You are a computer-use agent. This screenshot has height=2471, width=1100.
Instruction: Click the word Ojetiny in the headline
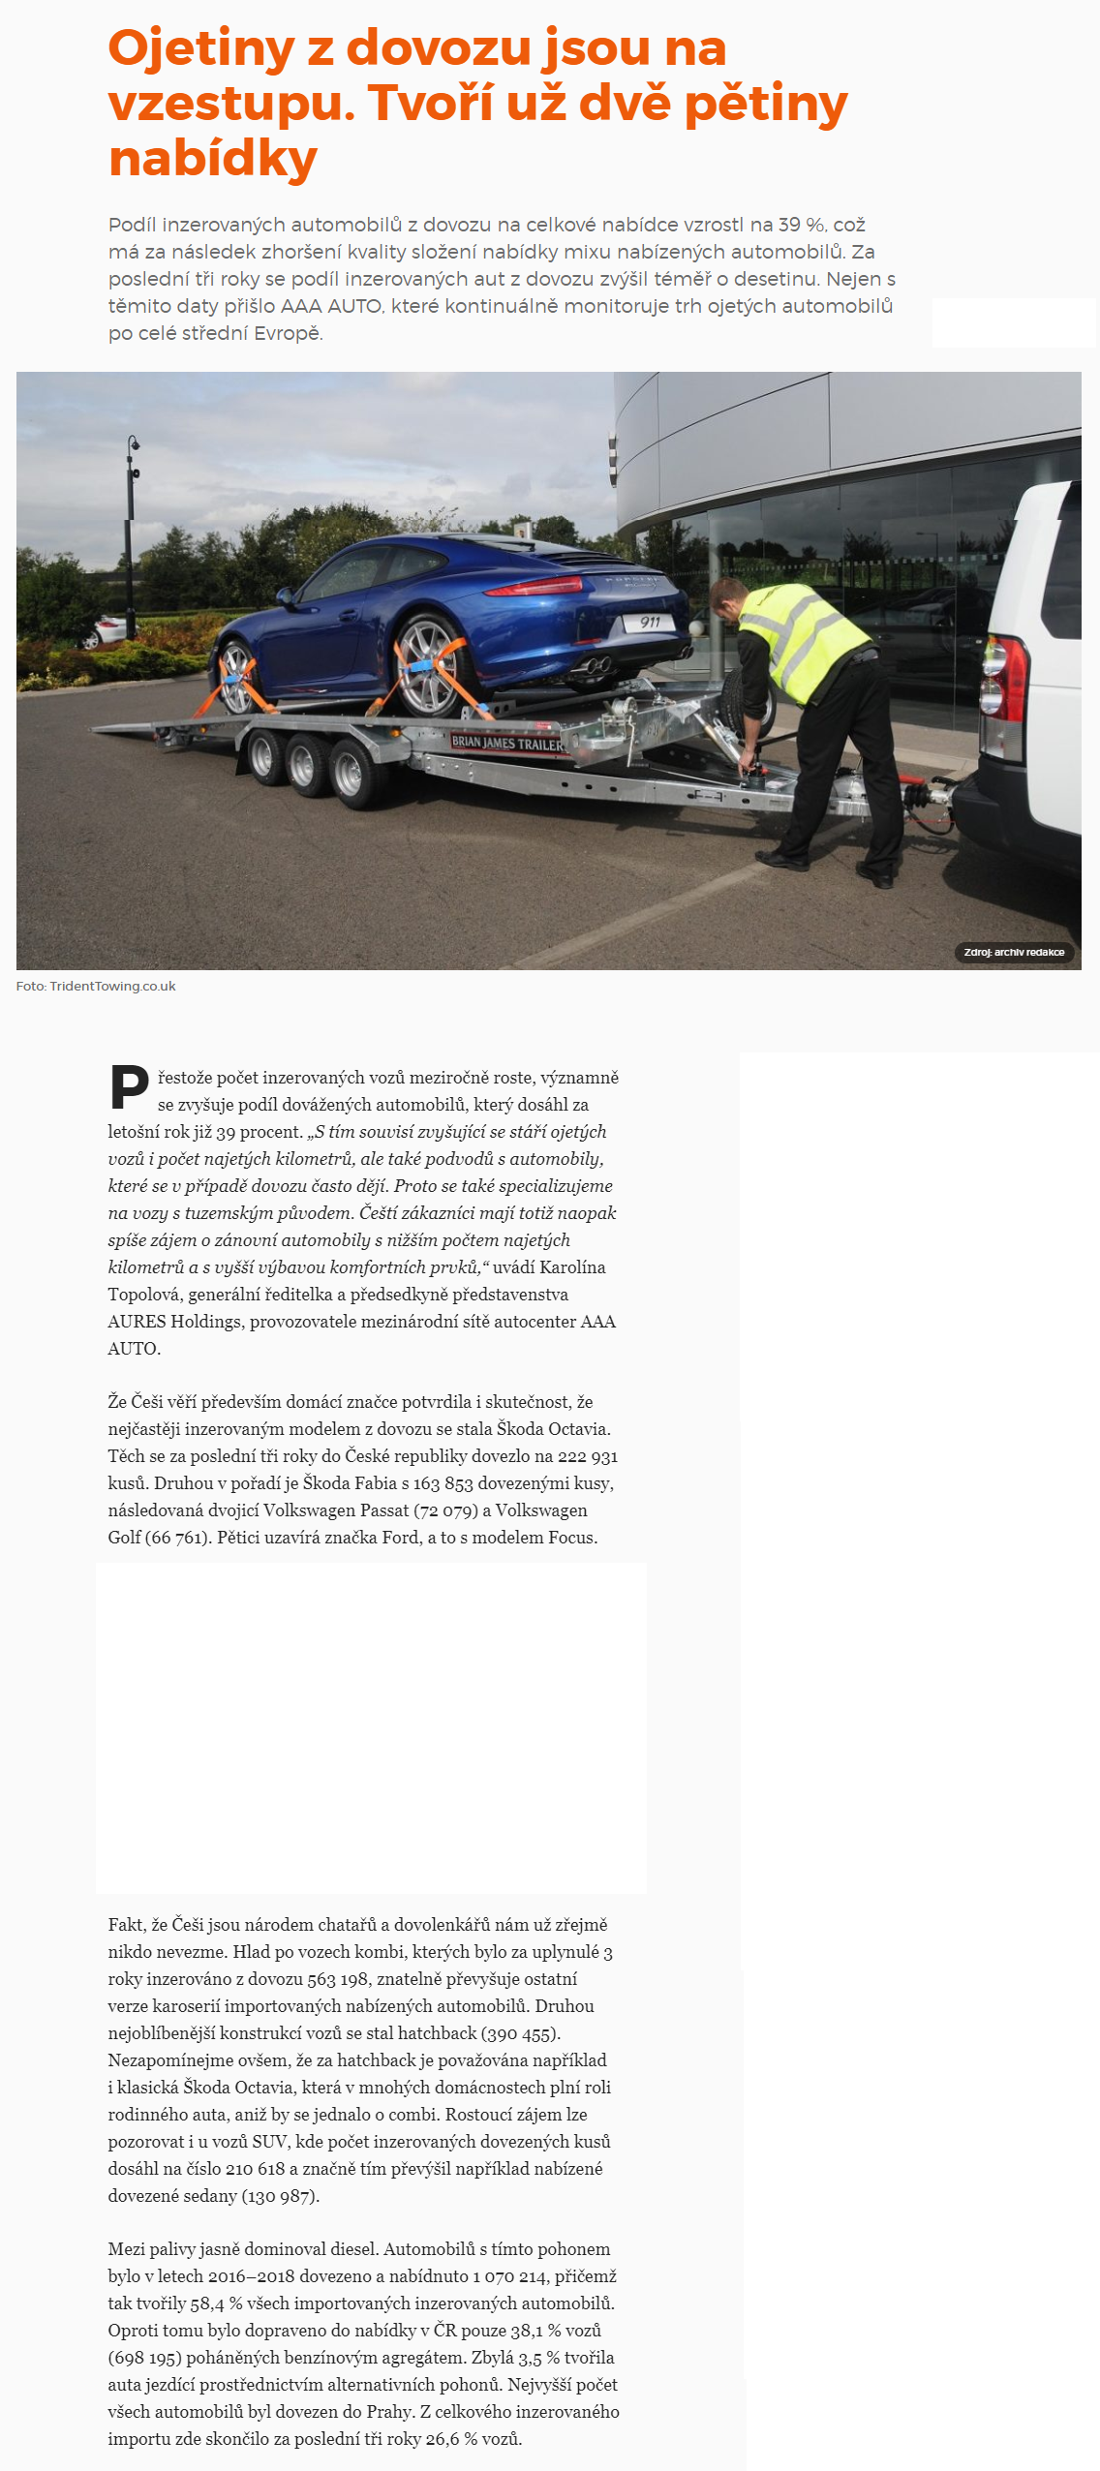coord(200,48)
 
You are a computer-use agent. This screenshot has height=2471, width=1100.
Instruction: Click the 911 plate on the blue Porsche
coord(650,623)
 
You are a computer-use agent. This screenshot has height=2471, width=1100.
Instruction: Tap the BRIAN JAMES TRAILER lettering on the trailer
coord(506,743)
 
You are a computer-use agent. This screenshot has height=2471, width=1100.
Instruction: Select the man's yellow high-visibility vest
coord(803,639)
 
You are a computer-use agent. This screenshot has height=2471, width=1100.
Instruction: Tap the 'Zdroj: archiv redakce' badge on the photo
coord(1014,953)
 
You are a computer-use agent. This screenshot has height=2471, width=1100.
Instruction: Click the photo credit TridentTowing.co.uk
coord(112,987)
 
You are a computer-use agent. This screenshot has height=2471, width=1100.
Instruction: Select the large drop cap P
coord(129,1087)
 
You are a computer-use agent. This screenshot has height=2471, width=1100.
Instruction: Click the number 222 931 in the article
coord(588,1456)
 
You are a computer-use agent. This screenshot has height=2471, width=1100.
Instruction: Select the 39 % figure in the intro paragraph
coord(802,225)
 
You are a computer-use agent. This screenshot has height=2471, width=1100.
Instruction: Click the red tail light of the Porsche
coord(535,586)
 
